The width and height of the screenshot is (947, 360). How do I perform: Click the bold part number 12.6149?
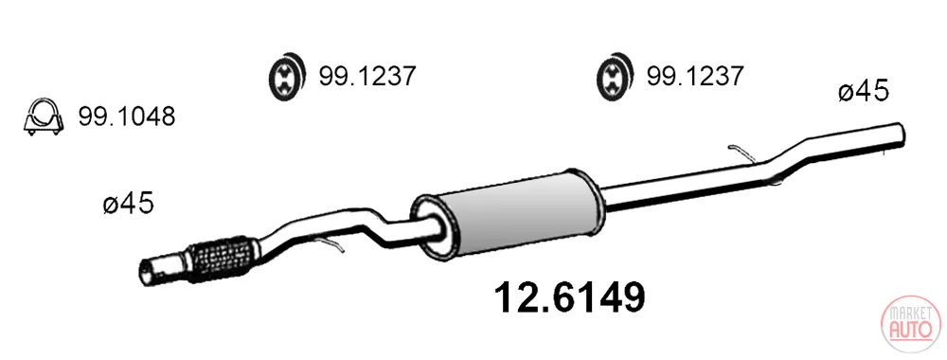(x=569, y=297)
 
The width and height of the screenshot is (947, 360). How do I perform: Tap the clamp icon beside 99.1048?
(x=43, y=117)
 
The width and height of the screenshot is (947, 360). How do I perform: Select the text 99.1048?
(x=126, y=117)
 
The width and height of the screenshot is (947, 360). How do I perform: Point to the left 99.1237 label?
(x=367, y=76)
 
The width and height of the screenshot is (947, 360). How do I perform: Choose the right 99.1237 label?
(x=695, y=76)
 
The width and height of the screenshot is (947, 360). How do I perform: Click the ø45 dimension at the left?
(x=128, y=204)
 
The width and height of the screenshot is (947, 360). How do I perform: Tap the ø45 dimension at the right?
(x=864, y=92)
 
